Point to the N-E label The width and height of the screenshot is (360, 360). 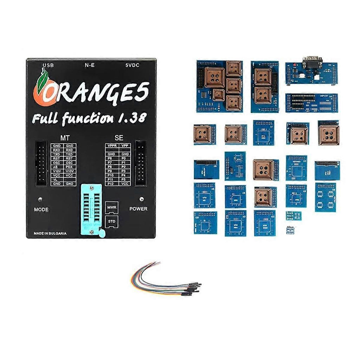coord(89,65)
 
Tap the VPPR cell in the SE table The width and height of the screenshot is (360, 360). coord(111,146)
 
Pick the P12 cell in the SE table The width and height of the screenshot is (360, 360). coord(111,184)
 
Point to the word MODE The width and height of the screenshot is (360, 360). coord(41,210)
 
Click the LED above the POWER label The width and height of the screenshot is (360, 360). coord(141,198)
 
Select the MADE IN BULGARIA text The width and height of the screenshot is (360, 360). coord(50,233)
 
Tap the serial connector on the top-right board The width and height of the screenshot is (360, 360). coord(311,63)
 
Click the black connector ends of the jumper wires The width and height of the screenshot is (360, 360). coord(192,288)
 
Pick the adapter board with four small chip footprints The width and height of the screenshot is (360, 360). coord(325,197)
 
